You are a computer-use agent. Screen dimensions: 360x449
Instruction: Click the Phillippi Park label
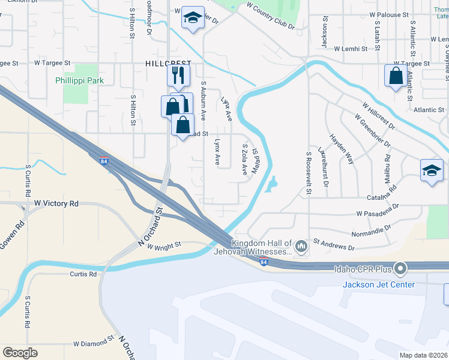tap(79, 80)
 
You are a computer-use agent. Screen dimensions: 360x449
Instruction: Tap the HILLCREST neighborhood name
tap(168, 63)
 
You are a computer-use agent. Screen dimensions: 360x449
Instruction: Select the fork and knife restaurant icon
tap(178, 75)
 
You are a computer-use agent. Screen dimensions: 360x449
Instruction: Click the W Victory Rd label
tap(56, 204)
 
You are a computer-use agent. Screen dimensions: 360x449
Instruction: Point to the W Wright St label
tap(160, 246)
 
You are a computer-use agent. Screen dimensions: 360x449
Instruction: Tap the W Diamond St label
tap(94, 344)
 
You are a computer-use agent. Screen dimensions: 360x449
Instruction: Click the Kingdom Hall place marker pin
tap(301, 245)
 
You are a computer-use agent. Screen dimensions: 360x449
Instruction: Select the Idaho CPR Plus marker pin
tap(401, 268)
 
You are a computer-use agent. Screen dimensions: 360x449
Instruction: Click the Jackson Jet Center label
tap(378, 284)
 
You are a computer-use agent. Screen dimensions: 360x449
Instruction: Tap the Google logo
tap(20, 352)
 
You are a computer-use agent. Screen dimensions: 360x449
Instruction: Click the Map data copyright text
tap(424, 355)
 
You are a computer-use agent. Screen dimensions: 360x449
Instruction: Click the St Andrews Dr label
tap(333, 247)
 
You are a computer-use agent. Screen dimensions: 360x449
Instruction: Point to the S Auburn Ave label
tap(203, 99)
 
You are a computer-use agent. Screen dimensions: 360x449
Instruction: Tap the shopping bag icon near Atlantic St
tap(396, 76)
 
